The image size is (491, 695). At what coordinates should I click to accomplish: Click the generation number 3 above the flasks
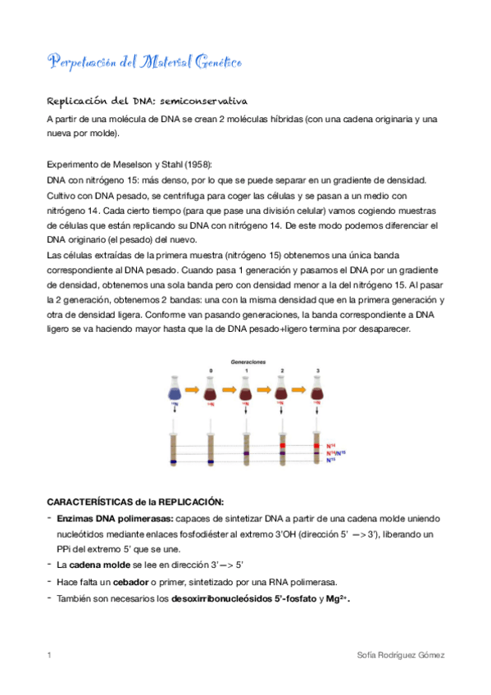point(317,371)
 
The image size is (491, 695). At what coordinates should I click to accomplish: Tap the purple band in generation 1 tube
point(247,452)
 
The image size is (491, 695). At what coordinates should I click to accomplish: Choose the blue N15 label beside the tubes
point(331,460)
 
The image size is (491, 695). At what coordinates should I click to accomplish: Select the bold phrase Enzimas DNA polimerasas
point(115,519)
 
